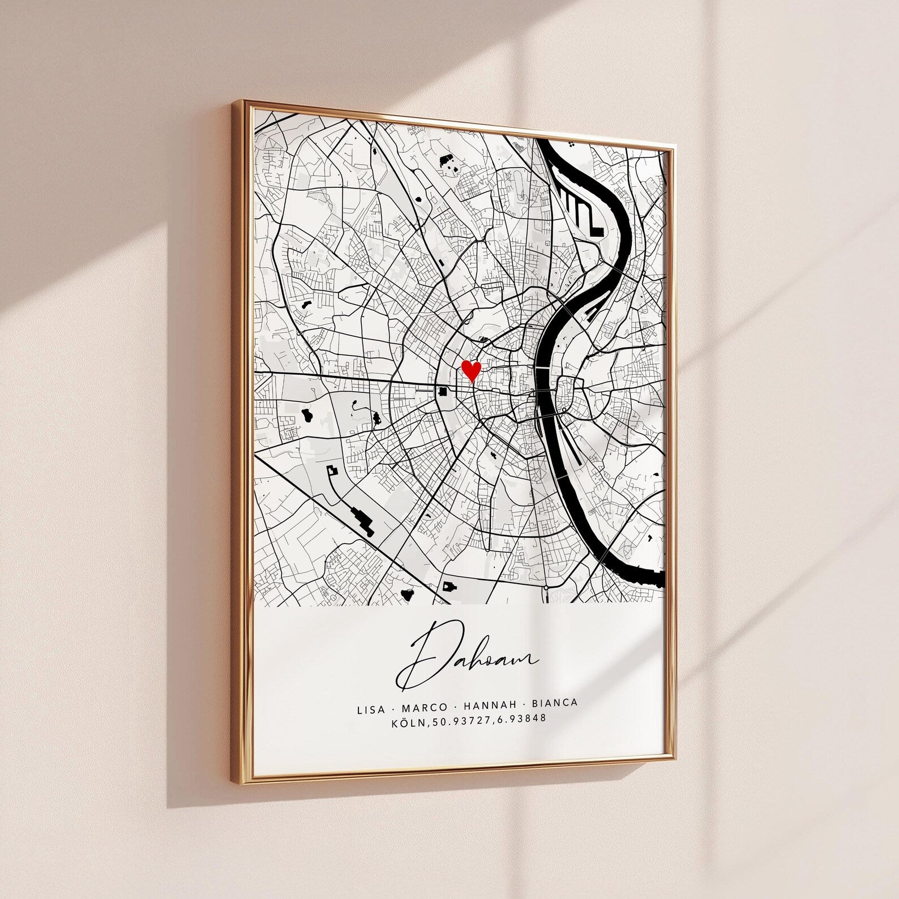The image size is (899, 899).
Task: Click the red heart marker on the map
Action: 471,371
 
